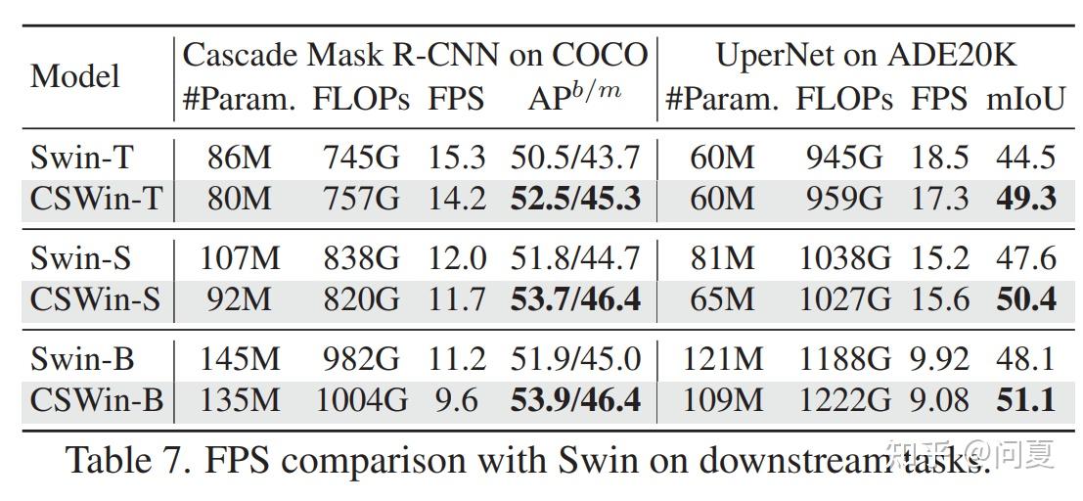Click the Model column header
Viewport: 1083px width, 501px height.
[x=75, y=76]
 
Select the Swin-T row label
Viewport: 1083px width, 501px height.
[x=82, y=157]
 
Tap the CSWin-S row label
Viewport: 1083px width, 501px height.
[x=95, y=298]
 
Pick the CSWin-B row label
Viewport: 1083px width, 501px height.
[x=96, y=401]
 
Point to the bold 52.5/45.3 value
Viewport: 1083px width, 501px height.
[x=575, y=199]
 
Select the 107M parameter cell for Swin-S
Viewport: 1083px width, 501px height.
[x=240, y=258]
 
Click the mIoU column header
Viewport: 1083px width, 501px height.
[x=1024, y=99]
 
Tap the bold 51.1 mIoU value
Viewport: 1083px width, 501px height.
[x=1025, y=401]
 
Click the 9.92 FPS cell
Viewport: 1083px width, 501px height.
[x=939, y=359]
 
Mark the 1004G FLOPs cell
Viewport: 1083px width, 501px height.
[x=357, y=401]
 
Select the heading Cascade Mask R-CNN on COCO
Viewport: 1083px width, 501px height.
[x=415, y=55]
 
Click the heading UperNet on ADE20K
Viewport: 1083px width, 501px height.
[x=866, y=55]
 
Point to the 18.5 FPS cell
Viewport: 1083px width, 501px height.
[x=939, y=157]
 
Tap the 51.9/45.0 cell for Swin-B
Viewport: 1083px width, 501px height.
[x=575, y=359]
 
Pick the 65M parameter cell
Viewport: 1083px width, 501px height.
[x=722, y=298]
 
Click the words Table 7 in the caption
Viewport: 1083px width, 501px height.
[x=127, y=460]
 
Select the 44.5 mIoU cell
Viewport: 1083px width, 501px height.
[x=1025, y=157]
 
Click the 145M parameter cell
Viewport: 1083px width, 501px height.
[x=240, y=359]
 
